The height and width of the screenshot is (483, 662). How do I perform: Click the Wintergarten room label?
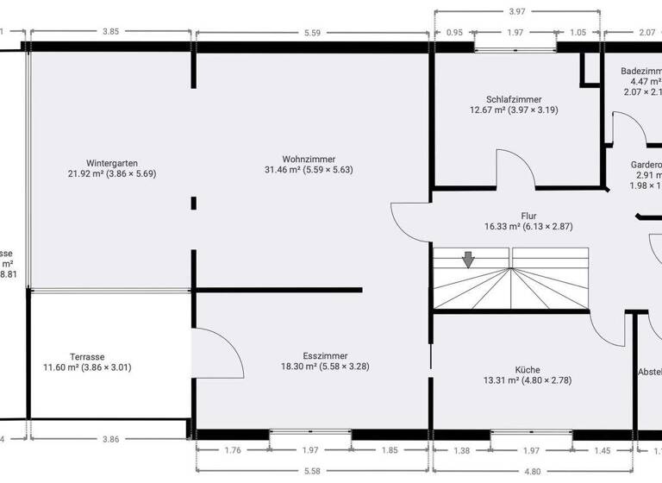pos(112,162)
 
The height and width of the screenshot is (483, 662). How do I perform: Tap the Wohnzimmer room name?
pos(309,159)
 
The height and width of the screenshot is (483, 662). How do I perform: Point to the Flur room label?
pos(528,216)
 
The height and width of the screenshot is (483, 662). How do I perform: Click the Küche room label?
pos(528,369)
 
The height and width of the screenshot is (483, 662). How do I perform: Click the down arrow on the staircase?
pos(467,259)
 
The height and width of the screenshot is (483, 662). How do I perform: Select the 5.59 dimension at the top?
pos(312,33)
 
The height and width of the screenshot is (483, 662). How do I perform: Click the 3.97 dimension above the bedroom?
pos(516,11)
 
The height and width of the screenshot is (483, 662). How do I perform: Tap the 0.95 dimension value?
pos(454,33)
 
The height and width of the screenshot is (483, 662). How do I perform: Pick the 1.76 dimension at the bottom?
pos(233,450)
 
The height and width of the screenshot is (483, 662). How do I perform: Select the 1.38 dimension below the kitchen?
pos(462,450)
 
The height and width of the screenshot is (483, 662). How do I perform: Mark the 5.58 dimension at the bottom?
pos(312,471)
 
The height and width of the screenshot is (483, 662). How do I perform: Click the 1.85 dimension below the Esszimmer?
pos(390,450)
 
